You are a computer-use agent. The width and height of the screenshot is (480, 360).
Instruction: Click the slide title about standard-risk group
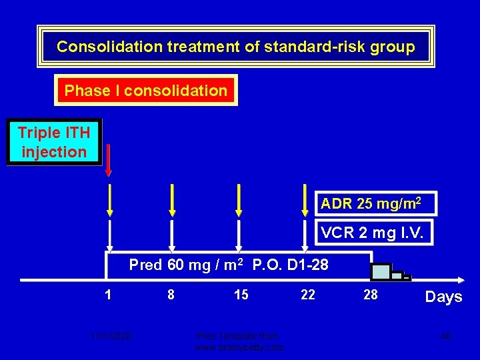[x=235, y=47]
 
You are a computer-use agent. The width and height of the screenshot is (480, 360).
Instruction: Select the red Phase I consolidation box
[x=146, y=90]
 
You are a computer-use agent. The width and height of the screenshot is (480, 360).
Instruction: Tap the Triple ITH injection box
[x=54, y=143]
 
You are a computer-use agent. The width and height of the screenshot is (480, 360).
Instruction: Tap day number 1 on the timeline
[x=108, y=294]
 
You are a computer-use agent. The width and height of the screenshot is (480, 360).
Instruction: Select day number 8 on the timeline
[x=171, y=294]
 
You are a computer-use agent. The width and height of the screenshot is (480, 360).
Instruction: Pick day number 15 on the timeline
[x=241, y=294]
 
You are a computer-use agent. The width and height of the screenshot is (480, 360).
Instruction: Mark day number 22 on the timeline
[x=308, y=294]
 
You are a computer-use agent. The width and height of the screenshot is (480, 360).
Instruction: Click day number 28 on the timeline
[x=371, y=294]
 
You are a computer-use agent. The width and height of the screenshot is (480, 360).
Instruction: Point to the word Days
[x=443, y=297]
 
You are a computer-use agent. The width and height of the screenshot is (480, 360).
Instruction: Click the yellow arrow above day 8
[x=173, y=199]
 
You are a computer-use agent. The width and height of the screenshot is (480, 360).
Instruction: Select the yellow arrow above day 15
[x=239, y=199]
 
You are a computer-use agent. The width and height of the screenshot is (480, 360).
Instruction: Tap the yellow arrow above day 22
[x=305, y=199]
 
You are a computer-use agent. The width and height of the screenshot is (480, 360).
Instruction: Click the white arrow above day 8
[x=173, y=237]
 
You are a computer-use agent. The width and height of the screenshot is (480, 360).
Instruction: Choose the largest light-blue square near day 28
[x=381, y=271]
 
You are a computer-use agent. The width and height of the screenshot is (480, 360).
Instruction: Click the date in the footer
[x=112, y=336]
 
